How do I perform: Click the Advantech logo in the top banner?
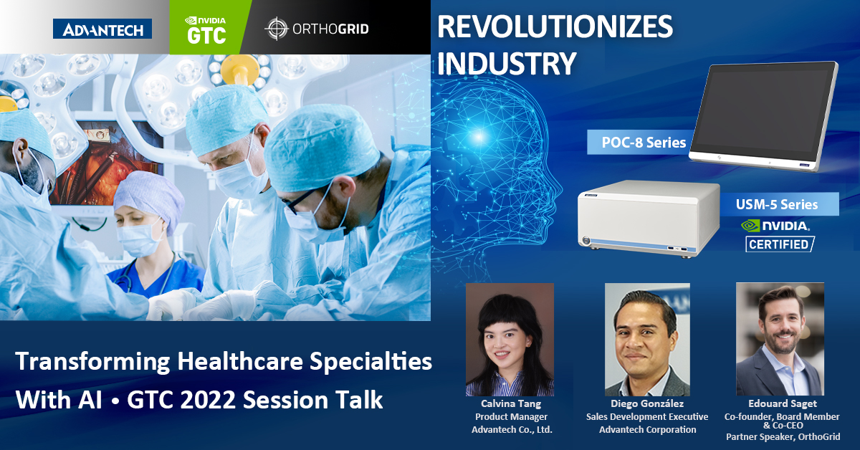[102, 29]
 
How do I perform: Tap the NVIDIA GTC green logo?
[206, 30]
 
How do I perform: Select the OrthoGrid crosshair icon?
[277, 29]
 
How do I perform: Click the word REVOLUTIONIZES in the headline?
[555, 27]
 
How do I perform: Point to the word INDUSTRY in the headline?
[507, 63]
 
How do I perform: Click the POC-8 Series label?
[644, 143]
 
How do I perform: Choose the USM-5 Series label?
[777, 204]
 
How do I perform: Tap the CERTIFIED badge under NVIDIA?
[780, 244]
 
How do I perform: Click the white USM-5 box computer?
[649, 218]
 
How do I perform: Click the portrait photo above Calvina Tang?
[510, 340]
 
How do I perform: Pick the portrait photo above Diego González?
[647, 340]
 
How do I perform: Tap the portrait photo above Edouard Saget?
[780, 339]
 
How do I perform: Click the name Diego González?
[647, 403]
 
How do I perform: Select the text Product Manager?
[512, 416]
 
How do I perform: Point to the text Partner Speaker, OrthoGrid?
[783, 437]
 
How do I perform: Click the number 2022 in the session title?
[208, 400]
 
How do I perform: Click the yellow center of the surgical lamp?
[239, 69]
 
